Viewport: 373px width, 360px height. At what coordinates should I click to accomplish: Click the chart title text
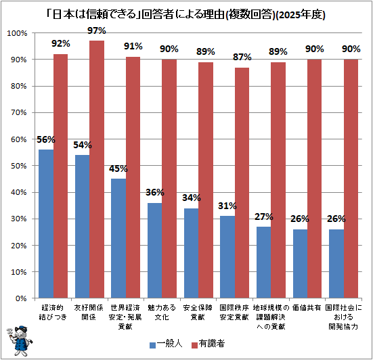click(x=186, y=15)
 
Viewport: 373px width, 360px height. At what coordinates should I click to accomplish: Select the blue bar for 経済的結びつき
click(x=46, y=224)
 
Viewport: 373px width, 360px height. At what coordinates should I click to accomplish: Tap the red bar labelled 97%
click(x=97, y=169)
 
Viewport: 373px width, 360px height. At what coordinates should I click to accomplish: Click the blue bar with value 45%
click(x=118, y=238)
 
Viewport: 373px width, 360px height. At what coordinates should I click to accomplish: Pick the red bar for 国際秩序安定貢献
click(x=242, y=183)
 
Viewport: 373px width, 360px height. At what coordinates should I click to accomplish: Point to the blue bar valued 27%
click(x=263, y=263)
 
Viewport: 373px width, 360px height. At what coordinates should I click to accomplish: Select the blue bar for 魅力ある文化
click(x=155, y=250)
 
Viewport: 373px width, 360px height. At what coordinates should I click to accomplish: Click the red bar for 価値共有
click(x=314, y=179)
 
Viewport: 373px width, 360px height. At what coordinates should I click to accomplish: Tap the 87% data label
click(x=242, y=57)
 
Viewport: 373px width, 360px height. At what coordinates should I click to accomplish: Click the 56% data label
click(x=46, y=139)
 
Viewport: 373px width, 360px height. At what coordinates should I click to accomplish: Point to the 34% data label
click(x=192, y=198)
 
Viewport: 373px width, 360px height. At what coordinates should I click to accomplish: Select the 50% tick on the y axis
click(x=18, y=166)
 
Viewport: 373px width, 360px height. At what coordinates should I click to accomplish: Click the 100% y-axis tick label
click(x=17, y=33)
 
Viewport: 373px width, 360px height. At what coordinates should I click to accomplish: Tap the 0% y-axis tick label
click(x=21, y=298)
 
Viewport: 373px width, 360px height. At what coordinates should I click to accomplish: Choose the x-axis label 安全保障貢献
click(x=198, y=312)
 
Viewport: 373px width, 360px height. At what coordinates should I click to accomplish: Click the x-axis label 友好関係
click(x=89, y=312)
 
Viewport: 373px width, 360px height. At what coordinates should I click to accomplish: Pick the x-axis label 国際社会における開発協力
click(x=343, y=317)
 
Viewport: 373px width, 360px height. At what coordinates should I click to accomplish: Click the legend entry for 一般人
click(x=166, y=344)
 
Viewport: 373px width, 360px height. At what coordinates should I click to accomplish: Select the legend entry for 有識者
click(x=208, y=344)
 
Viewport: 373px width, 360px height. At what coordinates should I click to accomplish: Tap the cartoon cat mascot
click(x=19, y=341)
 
